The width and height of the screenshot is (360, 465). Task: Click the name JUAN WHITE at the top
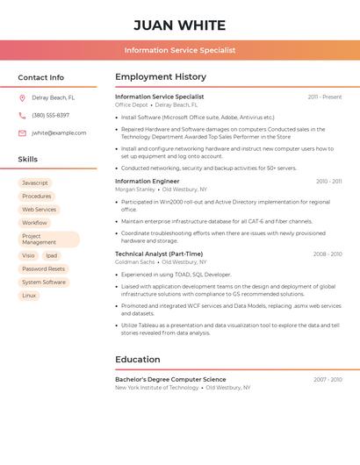(x=180, y=25)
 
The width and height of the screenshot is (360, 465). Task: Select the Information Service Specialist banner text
(x=180, y=50)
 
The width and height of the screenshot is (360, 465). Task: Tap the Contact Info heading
(x=40, y=77)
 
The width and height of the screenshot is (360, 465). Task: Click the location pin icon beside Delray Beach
(x=22, y=98)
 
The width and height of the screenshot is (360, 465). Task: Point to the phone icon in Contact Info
(x=22, y=116)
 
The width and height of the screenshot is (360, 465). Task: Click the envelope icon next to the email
(x=22, y=133)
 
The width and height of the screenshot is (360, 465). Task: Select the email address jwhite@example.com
(x=59, y=133)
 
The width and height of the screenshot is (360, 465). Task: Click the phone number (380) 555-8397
(x=51, y=116)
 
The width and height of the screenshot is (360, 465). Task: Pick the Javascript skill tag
(x=35, y=183)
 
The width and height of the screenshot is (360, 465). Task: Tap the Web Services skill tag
(x=39, y=210)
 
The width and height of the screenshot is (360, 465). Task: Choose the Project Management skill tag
(x=48, y=240)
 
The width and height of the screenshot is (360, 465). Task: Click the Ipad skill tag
(x=51, y=256)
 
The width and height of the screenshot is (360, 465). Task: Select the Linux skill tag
(x=29, y=296)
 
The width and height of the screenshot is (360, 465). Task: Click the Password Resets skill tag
(x=43, y=269)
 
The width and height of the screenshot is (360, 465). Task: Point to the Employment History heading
(x=161, y=77)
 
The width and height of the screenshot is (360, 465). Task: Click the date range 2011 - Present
(x=325, y=97)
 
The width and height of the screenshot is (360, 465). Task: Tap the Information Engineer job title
(x=147, y=182)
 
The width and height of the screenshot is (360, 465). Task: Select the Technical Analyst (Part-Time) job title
(x=159, y=254)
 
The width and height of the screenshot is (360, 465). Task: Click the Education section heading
(x=137, y=360)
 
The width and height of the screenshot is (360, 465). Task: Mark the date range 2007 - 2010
(x=328, y=380)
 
